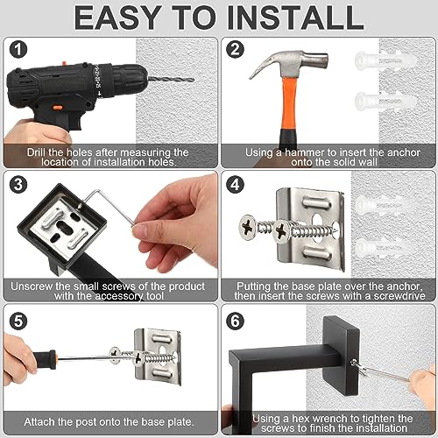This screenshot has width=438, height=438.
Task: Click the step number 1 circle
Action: (18, 50)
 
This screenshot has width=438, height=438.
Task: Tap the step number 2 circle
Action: (235, 49)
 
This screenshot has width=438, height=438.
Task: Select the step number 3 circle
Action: (18, 185)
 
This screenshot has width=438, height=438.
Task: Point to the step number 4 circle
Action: (235, 185)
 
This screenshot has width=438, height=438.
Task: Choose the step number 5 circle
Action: (18, 321)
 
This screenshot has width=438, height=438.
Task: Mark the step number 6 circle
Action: (235, 321)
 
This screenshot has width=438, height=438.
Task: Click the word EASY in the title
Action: (117, 18)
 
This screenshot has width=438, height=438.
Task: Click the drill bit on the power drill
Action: (171, 79)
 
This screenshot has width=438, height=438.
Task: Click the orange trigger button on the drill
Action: (57, 108)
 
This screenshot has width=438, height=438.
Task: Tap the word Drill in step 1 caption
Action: (37, 152)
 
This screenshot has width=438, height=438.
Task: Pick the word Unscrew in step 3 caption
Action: (26, 286)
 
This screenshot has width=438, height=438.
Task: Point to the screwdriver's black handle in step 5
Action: (45, 358)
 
